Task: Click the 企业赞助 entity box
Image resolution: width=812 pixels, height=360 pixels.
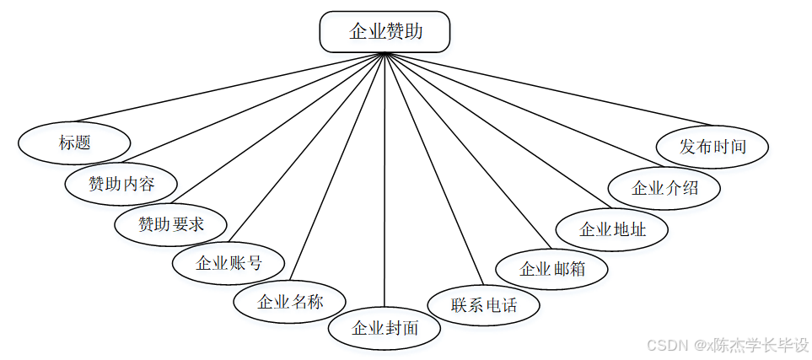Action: [x=384, y=33]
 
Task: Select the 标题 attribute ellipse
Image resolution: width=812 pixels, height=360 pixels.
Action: [x=74, y=142]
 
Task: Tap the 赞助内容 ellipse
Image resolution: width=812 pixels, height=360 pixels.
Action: [x=121, y=183]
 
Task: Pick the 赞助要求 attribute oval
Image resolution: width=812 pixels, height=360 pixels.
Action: [x=171, y=224]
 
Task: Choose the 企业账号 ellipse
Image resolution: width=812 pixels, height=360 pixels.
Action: [x=229, y=263]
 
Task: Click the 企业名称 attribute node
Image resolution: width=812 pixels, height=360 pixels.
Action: [x=289, y=302]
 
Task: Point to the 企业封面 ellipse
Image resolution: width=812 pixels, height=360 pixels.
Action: [x=384, y=327]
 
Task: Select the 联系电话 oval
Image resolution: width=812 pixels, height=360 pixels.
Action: [x=484, y=305]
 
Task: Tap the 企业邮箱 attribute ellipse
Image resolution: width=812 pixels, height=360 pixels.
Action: [x=552, y=270]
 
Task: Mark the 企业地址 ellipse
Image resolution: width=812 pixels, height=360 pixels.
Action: [x=613, y=228]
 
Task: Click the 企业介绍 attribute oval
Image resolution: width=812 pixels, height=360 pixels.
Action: [x=665, y=188]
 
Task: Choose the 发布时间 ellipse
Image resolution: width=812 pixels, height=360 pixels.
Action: [x=713, y=146]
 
